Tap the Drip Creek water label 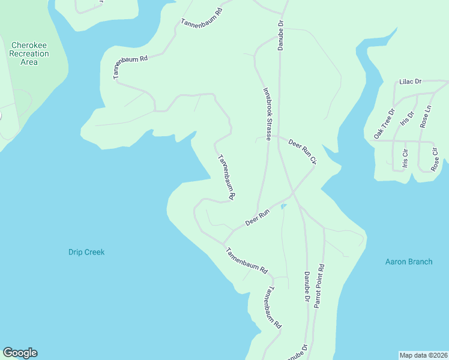[86, 252]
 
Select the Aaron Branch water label [409, 262]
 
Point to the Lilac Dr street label [411, 81]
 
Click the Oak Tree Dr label [384, 124]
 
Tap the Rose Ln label [426, 116]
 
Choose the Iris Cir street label [406, 155]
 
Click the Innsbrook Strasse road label [268, 115]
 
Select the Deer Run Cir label [302, 151]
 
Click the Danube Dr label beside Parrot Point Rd [306, 287]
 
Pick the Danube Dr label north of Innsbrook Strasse [280, 35]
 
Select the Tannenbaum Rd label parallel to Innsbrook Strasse [226, 177]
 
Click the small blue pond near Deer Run [283, 207]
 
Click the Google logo [20, 353]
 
